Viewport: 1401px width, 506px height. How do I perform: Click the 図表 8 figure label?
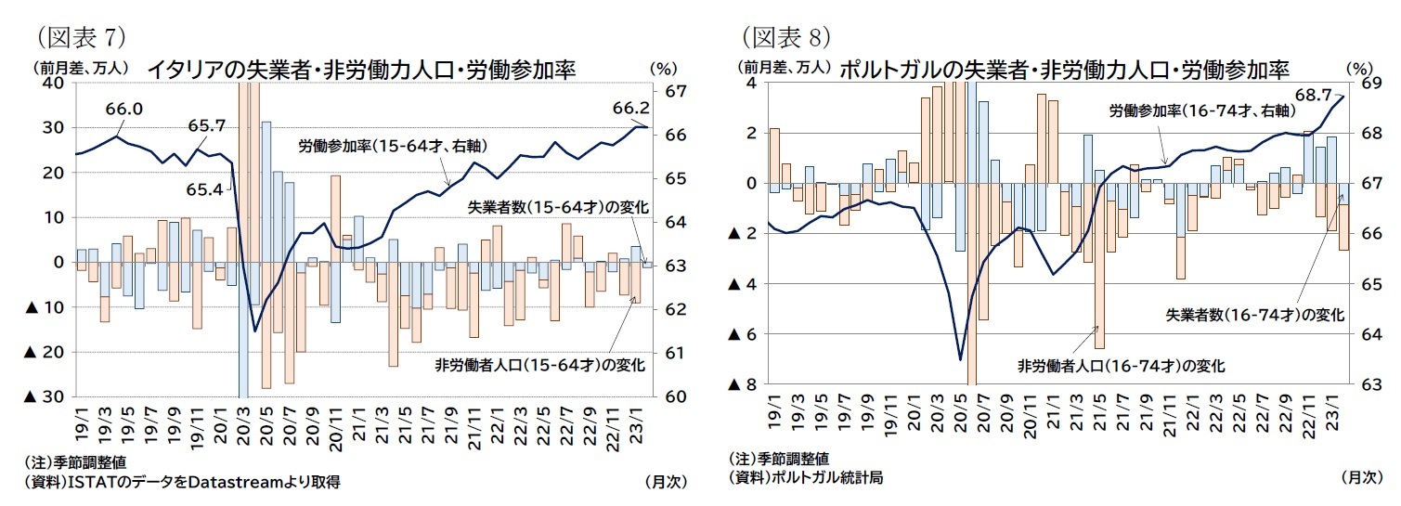coord(784,37)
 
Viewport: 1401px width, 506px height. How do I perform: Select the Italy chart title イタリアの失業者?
coord(361,71)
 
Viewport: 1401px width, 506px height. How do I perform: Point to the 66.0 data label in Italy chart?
coord(123,110)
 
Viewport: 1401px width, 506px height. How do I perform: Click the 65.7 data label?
coord(206,125)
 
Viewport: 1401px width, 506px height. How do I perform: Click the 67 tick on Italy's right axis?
coord(675,91)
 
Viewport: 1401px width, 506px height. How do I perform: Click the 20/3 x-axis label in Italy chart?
coord(245,425)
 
